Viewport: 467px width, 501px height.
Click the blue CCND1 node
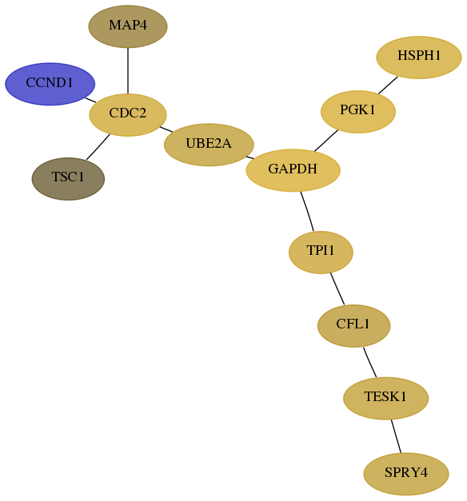click(x=50, y=84)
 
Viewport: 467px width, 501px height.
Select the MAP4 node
click(x=128, y=26)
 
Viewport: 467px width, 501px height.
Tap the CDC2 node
click(x=128, y=115)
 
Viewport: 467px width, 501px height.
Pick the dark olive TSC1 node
click(x=68, y=179)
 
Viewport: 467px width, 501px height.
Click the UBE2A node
click(x=209, y=145)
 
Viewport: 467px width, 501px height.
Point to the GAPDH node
click(x=293, y=170)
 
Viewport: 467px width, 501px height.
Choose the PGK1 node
click(x=358, y=112)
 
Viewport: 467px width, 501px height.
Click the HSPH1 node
click(x=419, y=58)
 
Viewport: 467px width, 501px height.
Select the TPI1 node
click(x=321, y=252)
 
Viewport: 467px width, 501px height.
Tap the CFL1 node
click(x=353, y=325)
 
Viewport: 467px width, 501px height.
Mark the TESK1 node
click(x=385, y=398)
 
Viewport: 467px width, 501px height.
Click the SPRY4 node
click(x=406, y=474)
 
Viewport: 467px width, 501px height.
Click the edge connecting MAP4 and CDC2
click(x=128, y=70)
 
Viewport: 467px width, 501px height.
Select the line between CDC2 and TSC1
click(x=98, y=147)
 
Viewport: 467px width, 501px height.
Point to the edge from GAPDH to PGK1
click(x=326, y=141)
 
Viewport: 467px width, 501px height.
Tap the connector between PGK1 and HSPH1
click(x=388, y=85)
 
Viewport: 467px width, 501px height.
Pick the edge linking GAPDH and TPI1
click(x=307, y=211)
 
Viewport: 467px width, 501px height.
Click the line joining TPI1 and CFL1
click(x=337, y=288)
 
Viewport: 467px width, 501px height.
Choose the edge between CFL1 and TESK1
click(x=369, y=362)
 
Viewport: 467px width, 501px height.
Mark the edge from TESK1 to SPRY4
click(x=396, y=436)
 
